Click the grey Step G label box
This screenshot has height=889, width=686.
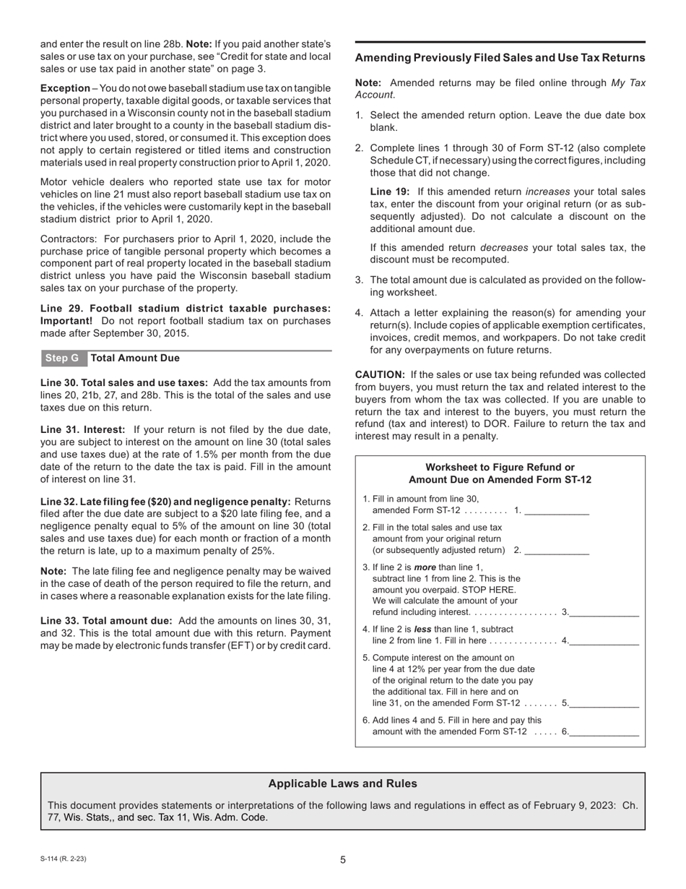[62, 358]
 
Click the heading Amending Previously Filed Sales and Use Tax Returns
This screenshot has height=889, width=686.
[500, 58]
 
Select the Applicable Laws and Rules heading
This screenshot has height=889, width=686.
[342, 783]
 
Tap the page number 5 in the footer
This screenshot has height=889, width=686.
[343, 860]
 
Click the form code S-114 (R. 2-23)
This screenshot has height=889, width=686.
[64, 859]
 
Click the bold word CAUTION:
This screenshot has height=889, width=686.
[381, 374]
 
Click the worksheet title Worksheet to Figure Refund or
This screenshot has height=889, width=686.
[500, 468]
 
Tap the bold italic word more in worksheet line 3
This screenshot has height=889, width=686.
[425, 567]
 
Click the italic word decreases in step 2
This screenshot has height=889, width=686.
[505, 247]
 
